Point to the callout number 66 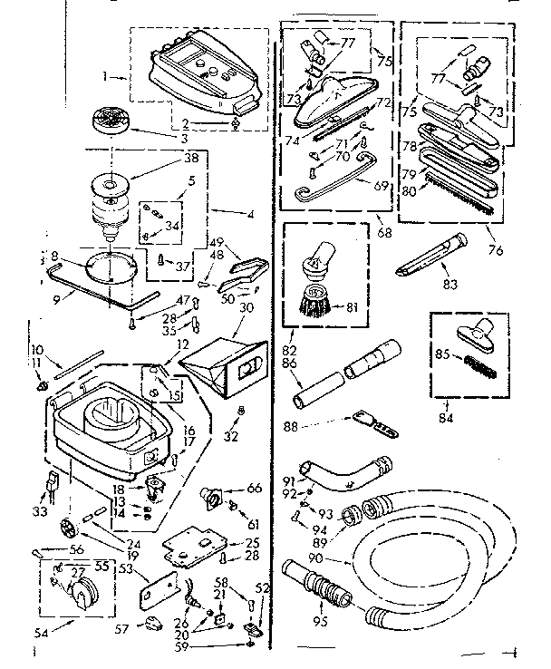click(253, 489)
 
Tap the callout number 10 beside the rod click(36, 349)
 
